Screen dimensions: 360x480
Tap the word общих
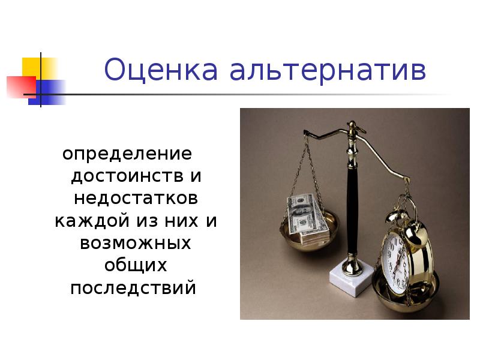pos(136,265)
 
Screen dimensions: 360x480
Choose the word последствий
pos(133,288)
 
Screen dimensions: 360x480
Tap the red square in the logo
pos(20,87)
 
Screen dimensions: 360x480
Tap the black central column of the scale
pos(350,204)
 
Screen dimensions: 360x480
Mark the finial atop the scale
pos(352,127)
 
